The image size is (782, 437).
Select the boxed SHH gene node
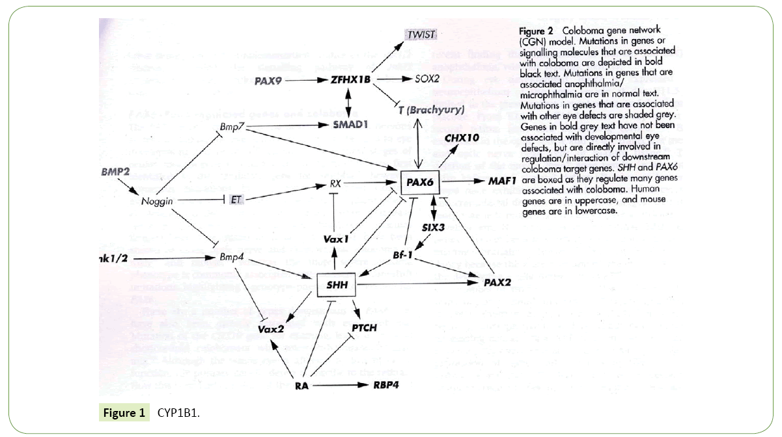337,285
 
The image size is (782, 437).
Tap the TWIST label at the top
421,34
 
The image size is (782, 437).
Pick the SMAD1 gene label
352,124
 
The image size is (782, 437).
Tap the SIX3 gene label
432,228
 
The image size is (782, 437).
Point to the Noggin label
157,201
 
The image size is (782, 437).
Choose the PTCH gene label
364,327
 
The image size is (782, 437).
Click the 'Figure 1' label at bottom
122,412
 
